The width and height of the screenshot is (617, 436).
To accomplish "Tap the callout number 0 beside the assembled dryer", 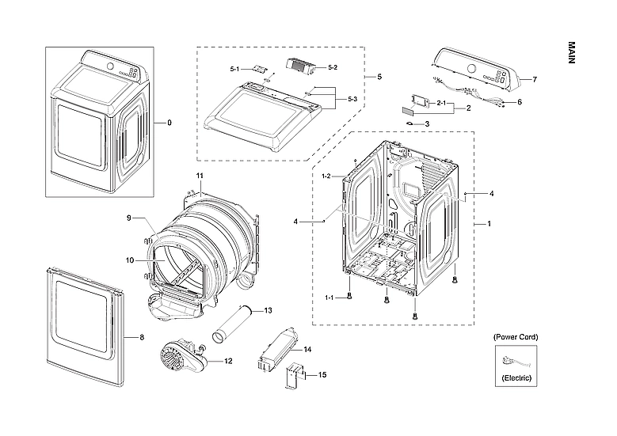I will tap(169, 123).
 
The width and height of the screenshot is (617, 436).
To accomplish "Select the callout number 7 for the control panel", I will tap(535, 80).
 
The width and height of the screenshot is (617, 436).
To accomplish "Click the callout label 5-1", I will tap(235, 70).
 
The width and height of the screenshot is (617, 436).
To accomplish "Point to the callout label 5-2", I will tap(333, 68).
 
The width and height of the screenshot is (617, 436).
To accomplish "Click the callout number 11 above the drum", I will tap(200, 174).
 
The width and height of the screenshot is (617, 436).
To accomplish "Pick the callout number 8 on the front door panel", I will tap(142, 338).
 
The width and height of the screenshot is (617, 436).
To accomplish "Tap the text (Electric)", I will tap(516, 379).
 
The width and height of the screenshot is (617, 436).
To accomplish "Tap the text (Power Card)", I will tap(516, 337).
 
